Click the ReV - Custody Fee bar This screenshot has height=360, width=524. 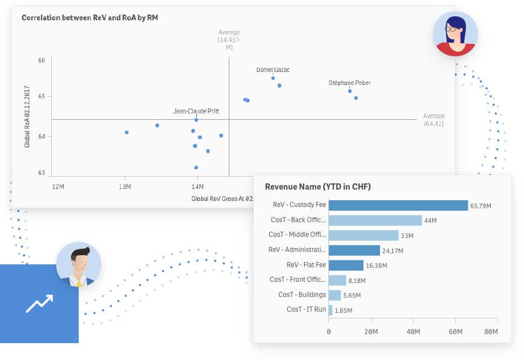tap(398, 205)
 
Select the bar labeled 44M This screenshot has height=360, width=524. tap(375, 220)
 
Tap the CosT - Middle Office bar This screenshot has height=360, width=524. tap(363, 235)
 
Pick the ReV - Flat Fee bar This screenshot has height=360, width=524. tap(346, 265)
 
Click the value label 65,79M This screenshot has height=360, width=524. tap(481, 206)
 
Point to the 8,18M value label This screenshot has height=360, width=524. tap(357, 280)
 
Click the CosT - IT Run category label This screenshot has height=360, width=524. tap(306, 309)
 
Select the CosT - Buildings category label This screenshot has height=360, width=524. tap(302, 295)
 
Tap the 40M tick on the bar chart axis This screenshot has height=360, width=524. tap(413, 332)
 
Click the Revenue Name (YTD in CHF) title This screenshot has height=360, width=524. tap(318, 187)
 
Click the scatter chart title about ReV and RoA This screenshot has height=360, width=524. tap(89, 17)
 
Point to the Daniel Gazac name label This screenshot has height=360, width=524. tap(273, 70)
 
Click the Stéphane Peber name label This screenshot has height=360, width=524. tap(349, 83)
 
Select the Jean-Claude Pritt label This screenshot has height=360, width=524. tap(196, 111)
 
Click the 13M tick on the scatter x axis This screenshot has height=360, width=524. tap(125, 186)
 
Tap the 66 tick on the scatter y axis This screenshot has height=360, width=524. tap(42, 60)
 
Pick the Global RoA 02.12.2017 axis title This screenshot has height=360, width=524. tap(27, 116)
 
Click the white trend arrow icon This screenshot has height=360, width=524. tap(39, 304)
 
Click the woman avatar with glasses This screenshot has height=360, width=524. tap(455, 33)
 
